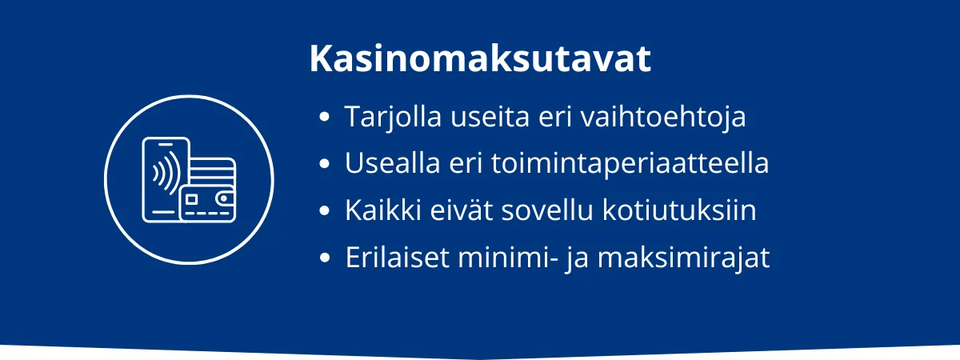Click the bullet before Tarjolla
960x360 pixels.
[x=325, y=118]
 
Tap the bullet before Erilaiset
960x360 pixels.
[x=325, y=259]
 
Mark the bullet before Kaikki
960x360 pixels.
[x=325, y=212]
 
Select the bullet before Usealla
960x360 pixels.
[x=325, y=165]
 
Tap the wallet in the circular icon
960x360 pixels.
[x=207, y=204]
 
